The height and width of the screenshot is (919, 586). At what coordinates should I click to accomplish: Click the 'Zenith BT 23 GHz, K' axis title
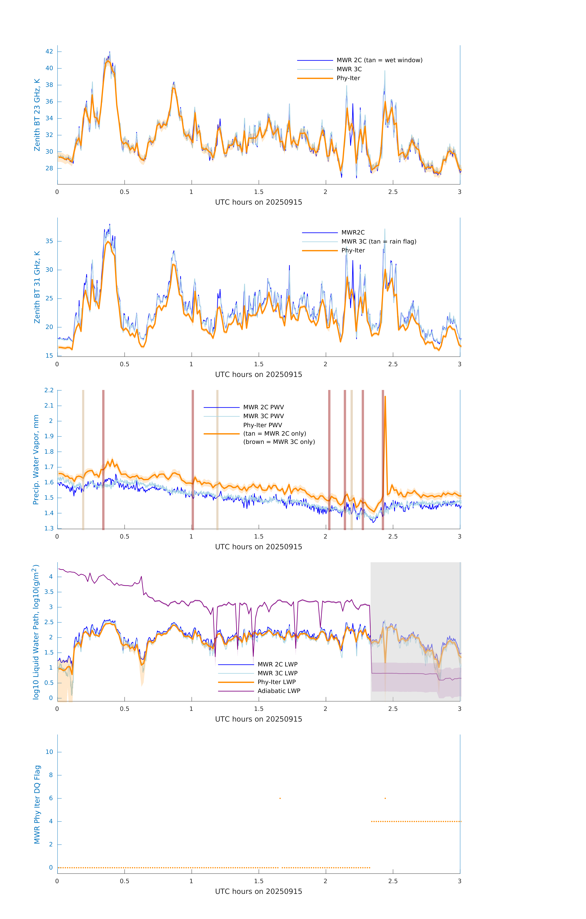[x=37, y=115]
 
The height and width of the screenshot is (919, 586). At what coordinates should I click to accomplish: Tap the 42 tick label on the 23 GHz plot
[x=49, y=51]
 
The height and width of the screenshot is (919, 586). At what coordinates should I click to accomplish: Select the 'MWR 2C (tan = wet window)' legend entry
[x=379, y=60]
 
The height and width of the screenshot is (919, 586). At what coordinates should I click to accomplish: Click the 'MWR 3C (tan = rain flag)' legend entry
[x=378, y=242]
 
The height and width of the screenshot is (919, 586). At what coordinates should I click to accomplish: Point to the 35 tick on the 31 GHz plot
[x=49, y=241]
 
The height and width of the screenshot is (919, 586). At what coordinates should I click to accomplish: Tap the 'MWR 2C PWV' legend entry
[x=263, y=407]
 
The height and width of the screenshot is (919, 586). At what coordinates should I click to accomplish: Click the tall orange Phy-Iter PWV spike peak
[x=385, y=397]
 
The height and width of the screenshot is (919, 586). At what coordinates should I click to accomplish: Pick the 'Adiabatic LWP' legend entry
[x=279, y=691]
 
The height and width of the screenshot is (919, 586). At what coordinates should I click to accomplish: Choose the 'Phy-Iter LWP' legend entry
[x=276, y=682]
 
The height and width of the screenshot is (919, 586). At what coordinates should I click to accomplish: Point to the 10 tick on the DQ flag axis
[x=49, y=752]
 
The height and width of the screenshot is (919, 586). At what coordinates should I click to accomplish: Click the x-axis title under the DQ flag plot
[x=258, y=892]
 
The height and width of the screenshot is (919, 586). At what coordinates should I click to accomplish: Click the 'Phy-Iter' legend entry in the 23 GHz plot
[x=348, y=78]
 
